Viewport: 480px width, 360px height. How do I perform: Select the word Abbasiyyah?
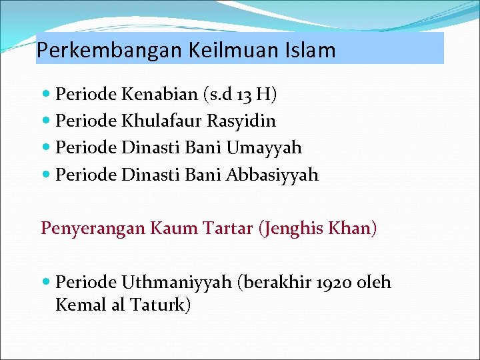pyautogui.click(x=272, y=175)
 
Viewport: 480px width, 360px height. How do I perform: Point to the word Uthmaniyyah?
pyautogui.click(x=176, y=283)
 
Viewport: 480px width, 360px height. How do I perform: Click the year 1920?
pyautogui.click(x=335, y=283)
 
